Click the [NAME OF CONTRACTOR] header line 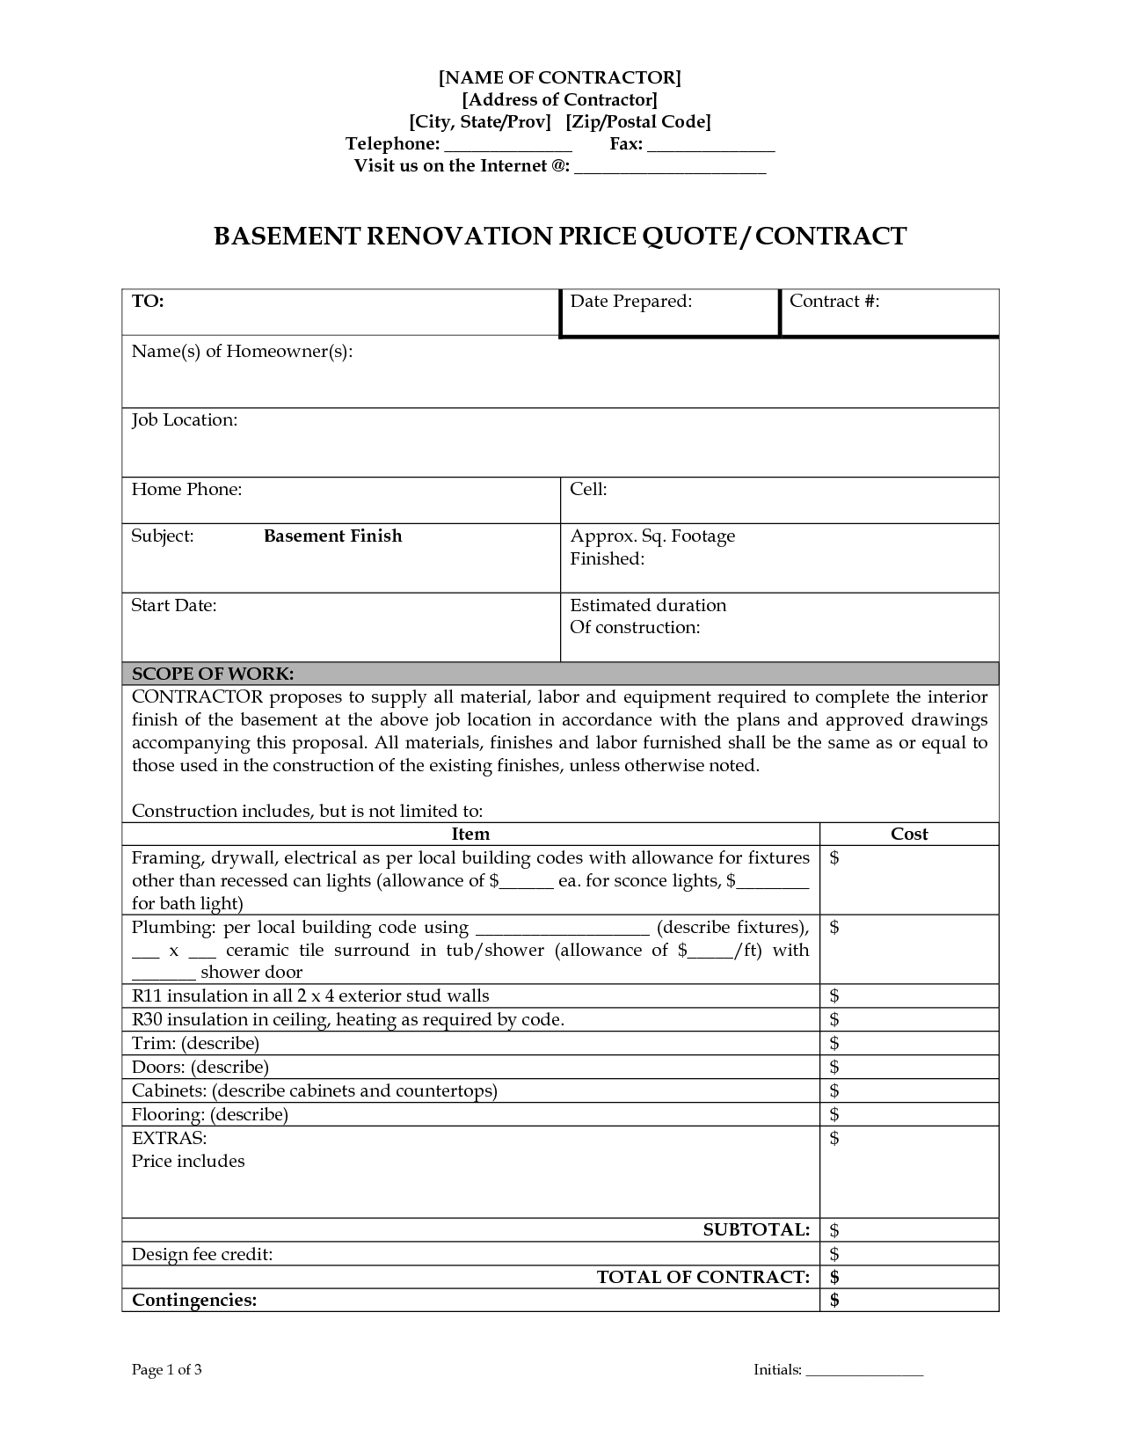(560, 77)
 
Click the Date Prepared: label (630, 302)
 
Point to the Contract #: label (834, 302)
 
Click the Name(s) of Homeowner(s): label (242, 352)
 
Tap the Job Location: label (185, 420)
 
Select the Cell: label (588, 490)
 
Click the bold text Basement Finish (332, 536)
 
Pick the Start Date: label (173, 606)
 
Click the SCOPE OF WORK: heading (212, 674)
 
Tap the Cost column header (909, 835)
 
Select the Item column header (470, 835)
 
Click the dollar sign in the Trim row (834, 1044)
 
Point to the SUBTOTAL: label (756, 1230)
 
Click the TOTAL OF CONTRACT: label (702, 1277)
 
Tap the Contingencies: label (194, 1301)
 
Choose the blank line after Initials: (864, 1371)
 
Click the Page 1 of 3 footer (167, 1370)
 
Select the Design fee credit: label (202, 1255)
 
